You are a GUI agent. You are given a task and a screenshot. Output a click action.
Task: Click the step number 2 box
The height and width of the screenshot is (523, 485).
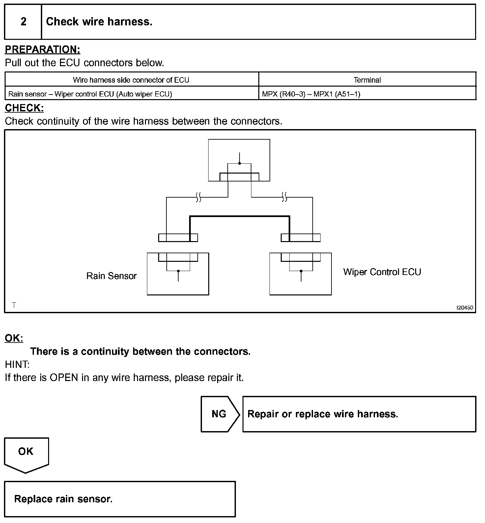coord(23,22)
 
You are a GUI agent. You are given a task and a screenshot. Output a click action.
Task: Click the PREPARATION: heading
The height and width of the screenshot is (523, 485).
coord(43,49)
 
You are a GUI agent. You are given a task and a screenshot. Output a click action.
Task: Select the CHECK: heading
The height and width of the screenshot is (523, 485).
coord(24,108)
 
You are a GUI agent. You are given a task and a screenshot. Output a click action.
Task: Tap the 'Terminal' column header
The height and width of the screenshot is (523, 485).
coord(367,80)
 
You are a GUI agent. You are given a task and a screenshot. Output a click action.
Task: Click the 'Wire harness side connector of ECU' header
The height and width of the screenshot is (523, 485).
coord(131,80)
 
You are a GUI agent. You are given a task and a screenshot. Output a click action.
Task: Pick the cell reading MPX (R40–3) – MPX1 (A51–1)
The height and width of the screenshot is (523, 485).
coord(311,94)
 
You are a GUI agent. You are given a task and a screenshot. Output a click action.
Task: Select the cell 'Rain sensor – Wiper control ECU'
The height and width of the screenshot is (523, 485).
coord(90,94)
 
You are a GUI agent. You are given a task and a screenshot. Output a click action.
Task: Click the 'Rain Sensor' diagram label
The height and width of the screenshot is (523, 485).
coord(111,276)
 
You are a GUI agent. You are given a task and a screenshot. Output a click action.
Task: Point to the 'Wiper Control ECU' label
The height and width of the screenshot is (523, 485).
coord(382,272)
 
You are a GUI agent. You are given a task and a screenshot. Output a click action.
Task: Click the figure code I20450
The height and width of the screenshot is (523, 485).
coord(465,308)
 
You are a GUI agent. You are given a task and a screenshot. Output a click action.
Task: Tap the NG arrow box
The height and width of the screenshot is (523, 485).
coord(220,414)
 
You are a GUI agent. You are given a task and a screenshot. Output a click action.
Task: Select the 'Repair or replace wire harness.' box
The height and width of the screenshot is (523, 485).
coord(359,414)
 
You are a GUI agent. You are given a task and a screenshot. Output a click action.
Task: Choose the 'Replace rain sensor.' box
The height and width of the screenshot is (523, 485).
coord(120,499)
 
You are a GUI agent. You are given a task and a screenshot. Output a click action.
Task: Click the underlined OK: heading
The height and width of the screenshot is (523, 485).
coord(14,338)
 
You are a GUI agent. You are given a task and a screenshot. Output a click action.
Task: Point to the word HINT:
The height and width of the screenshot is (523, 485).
coord(17,365)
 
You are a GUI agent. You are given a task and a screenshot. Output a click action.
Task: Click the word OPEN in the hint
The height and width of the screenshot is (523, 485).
coord(64,377)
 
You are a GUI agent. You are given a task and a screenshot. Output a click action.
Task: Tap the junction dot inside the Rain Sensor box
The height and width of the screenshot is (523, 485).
coord(178,271)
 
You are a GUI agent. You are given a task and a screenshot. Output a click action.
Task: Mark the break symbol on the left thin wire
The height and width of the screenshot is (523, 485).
coord(198,197)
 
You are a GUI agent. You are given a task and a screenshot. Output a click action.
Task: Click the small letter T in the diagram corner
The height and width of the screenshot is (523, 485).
coord(14,305)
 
